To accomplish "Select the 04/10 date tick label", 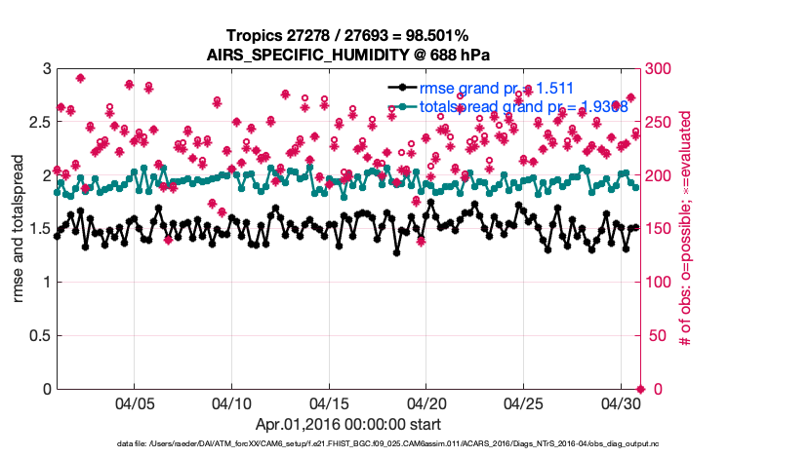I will (x=231, y=402).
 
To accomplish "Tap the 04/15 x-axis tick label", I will (x=329, y=402).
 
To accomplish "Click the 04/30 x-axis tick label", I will (x=621, y=402).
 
